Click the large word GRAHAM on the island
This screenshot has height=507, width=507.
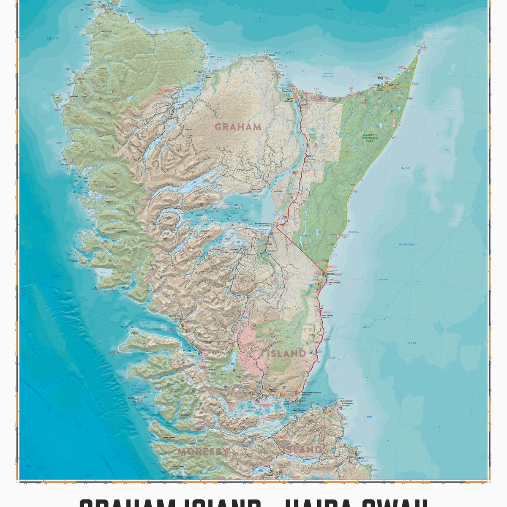pyautogui.click(x=238, y=127)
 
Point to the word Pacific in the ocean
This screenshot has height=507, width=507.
pyautogui.click(x=53, y=38)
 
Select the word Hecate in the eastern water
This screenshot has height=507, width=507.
pyautogui.click(x=405, y=168)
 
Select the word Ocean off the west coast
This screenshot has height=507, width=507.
pyautogui.click(x=56, y=275)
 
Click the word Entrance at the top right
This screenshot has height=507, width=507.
pyautogui.click(x=432, y=5)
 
